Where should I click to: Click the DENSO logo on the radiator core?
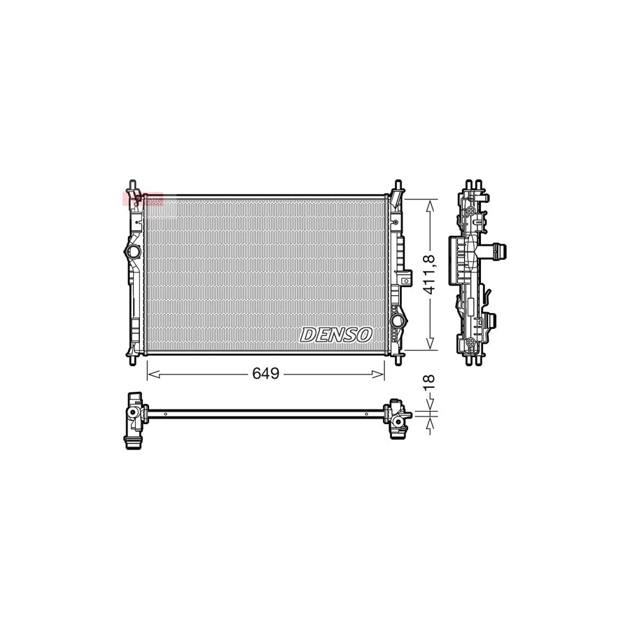point(336,335)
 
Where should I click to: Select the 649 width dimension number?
point(266,374)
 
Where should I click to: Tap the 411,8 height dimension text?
point(431,274)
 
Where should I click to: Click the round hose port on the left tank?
point(132,251)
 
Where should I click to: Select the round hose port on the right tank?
point(398,321)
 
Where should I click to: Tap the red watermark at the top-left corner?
point(143,199)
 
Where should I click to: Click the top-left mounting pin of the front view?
point(130,186)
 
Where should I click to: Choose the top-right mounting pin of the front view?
point(398,186)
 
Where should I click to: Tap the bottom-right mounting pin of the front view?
point(398,359)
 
